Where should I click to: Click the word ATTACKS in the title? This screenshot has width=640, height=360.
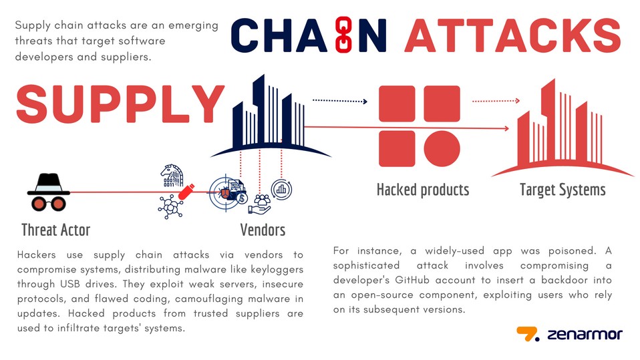pos(512,35)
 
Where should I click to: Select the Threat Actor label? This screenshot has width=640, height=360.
pos(55,230)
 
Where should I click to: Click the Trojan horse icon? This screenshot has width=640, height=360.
pos(171,176)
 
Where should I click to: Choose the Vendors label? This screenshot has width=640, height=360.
pos(263,230)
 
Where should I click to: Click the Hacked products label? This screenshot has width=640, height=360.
pos(423,190)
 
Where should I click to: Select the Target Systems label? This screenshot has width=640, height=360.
pos(563,190)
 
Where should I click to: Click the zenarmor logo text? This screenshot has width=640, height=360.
pos(584,333)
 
